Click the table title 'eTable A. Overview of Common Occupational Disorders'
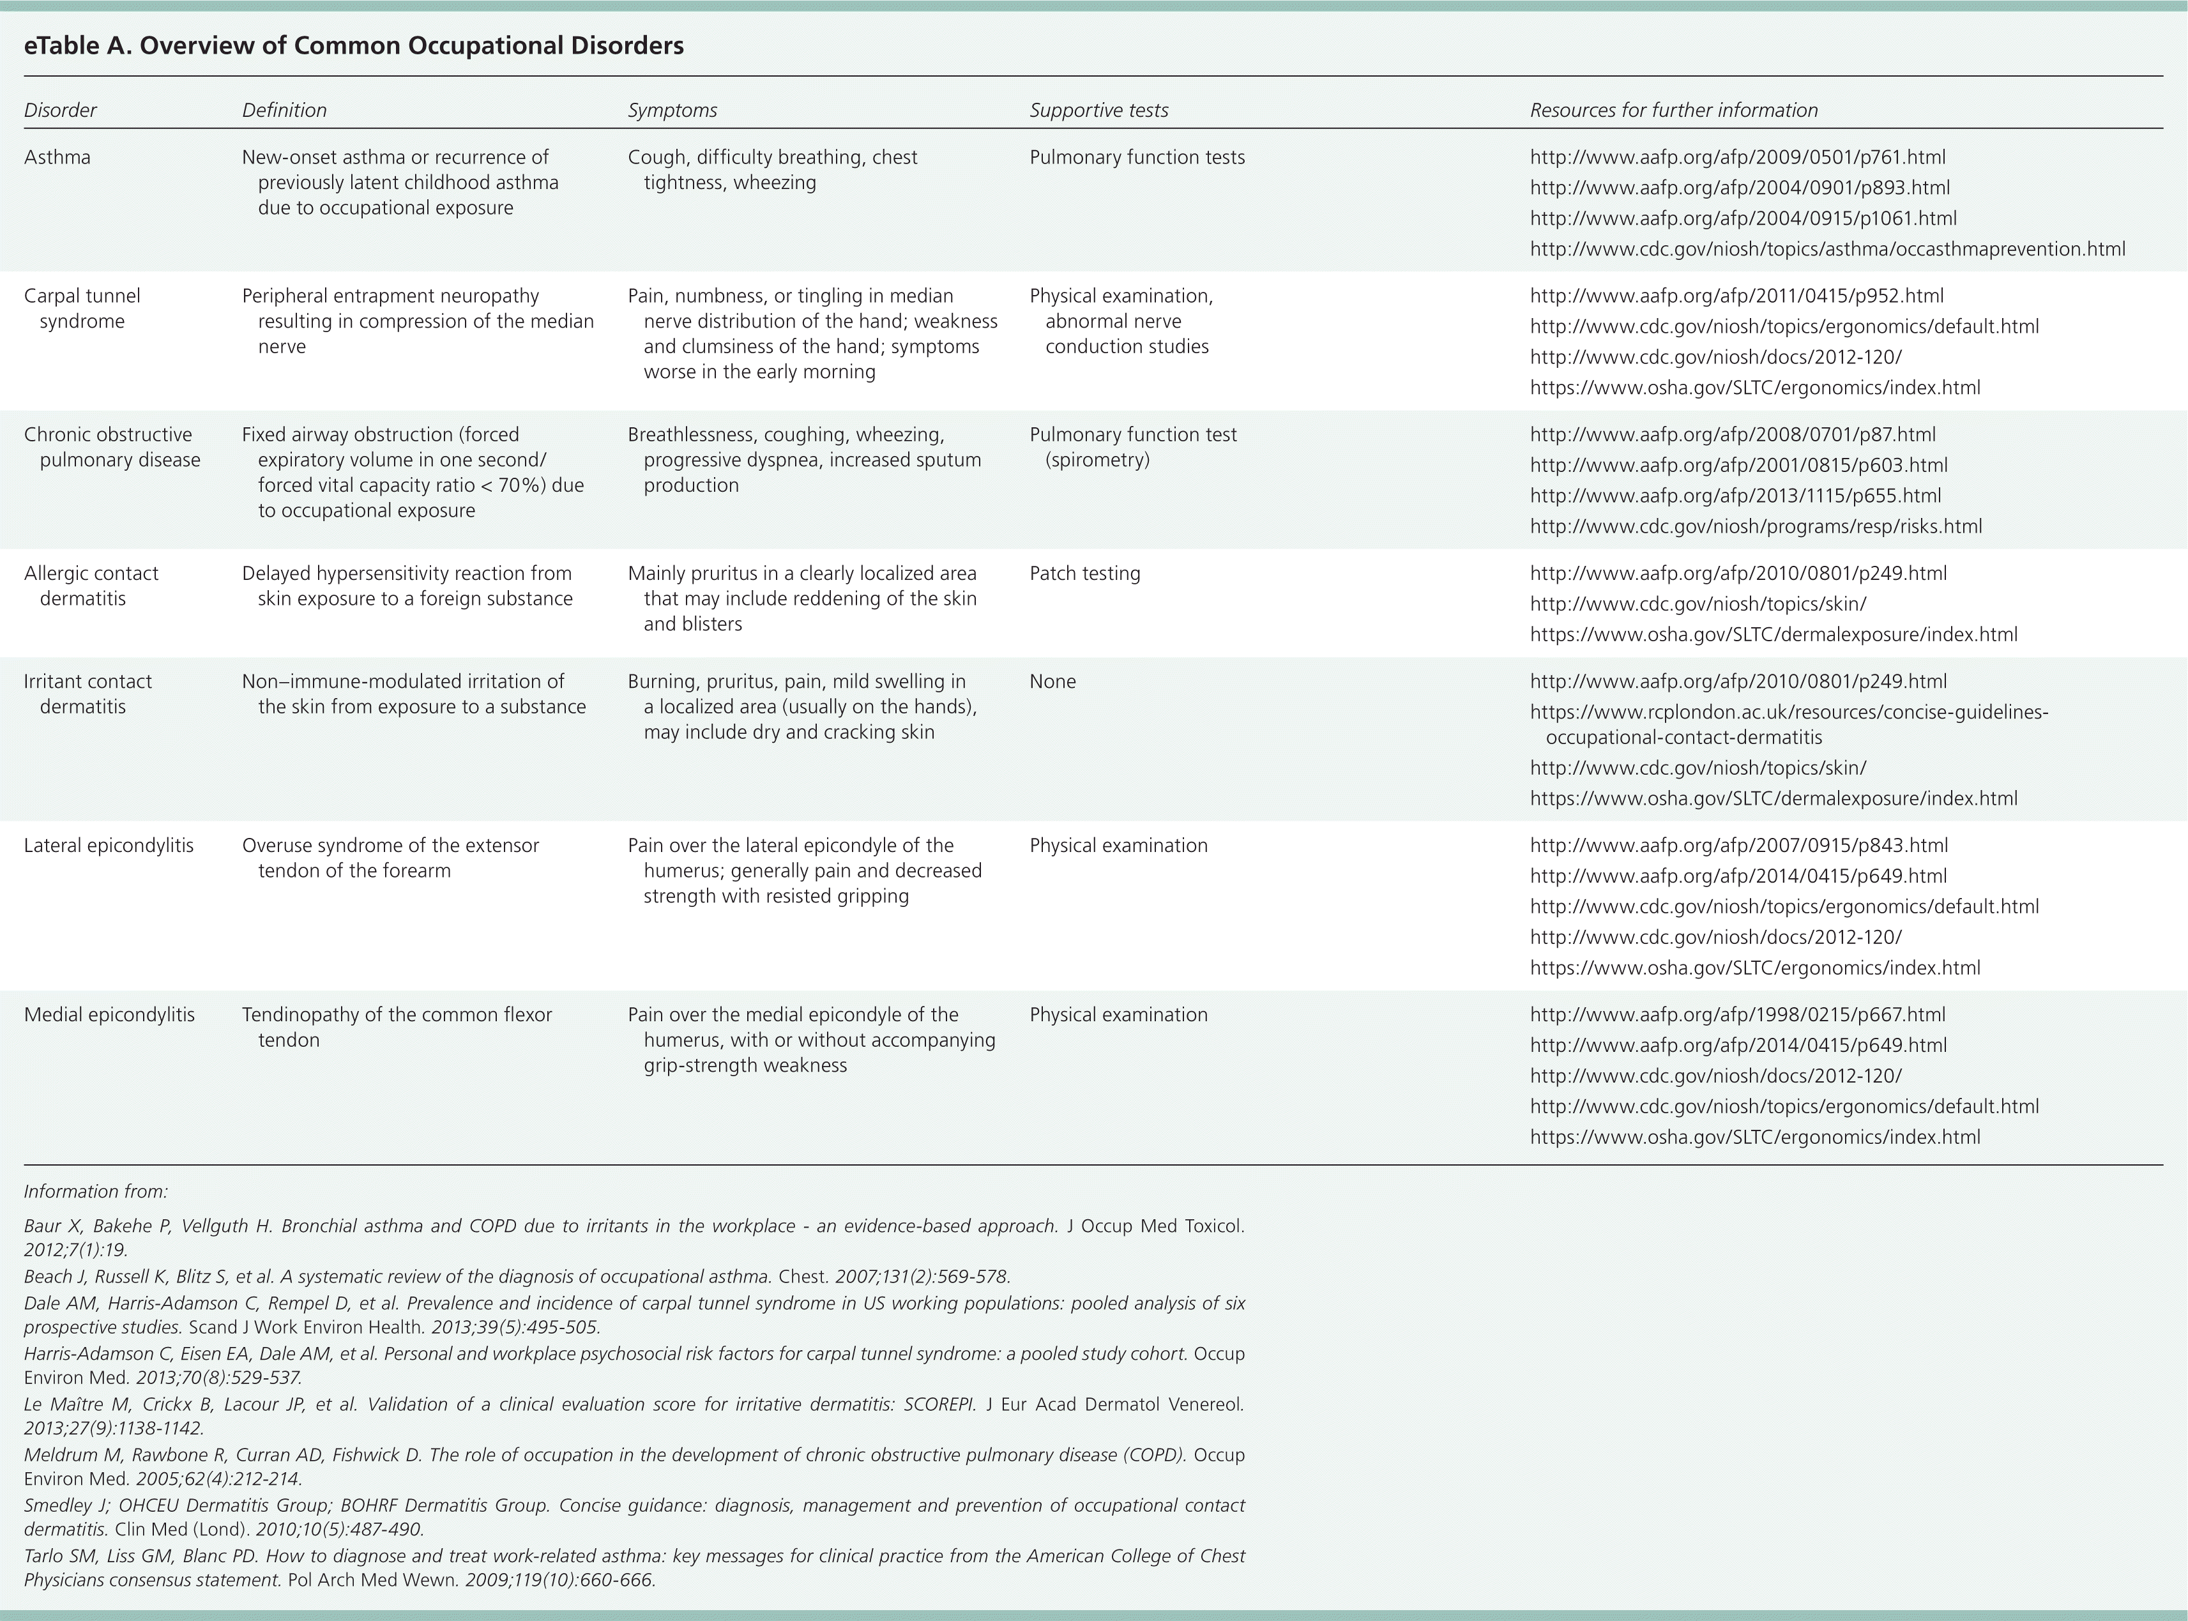[x=353, y=46]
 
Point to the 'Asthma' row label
[x=57, y=158]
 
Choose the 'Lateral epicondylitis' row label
[x=108, y=846]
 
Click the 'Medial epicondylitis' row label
[x=109, y=1016]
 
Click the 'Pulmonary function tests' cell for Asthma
[x=1136, y=158]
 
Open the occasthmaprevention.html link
[x=1827, y=249]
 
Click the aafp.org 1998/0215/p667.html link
[x=1738, y=1016]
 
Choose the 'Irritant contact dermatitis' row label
[x=87, y=694]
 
